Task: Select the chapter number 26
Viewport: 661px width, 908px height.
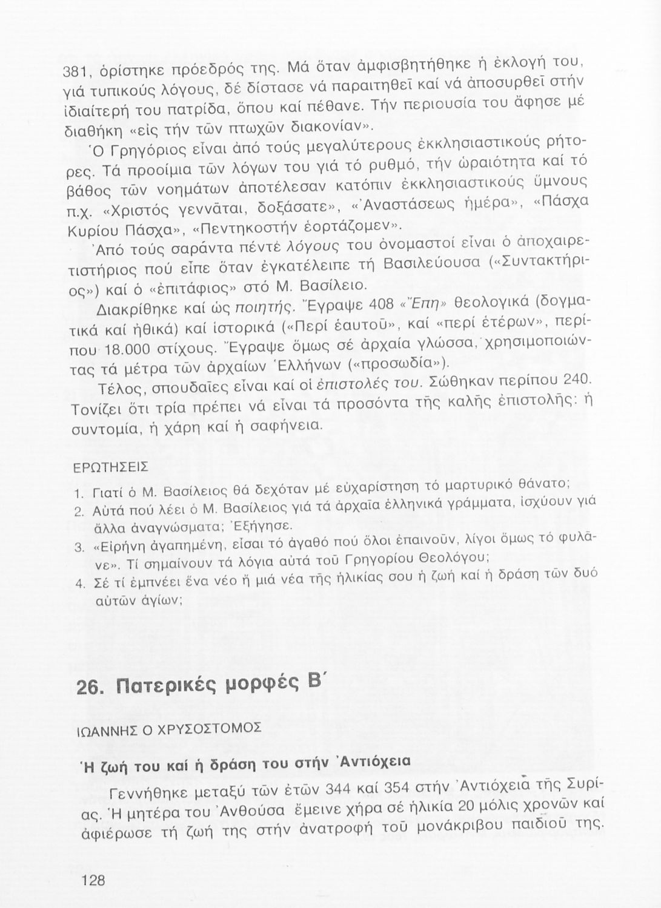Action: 91,688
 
